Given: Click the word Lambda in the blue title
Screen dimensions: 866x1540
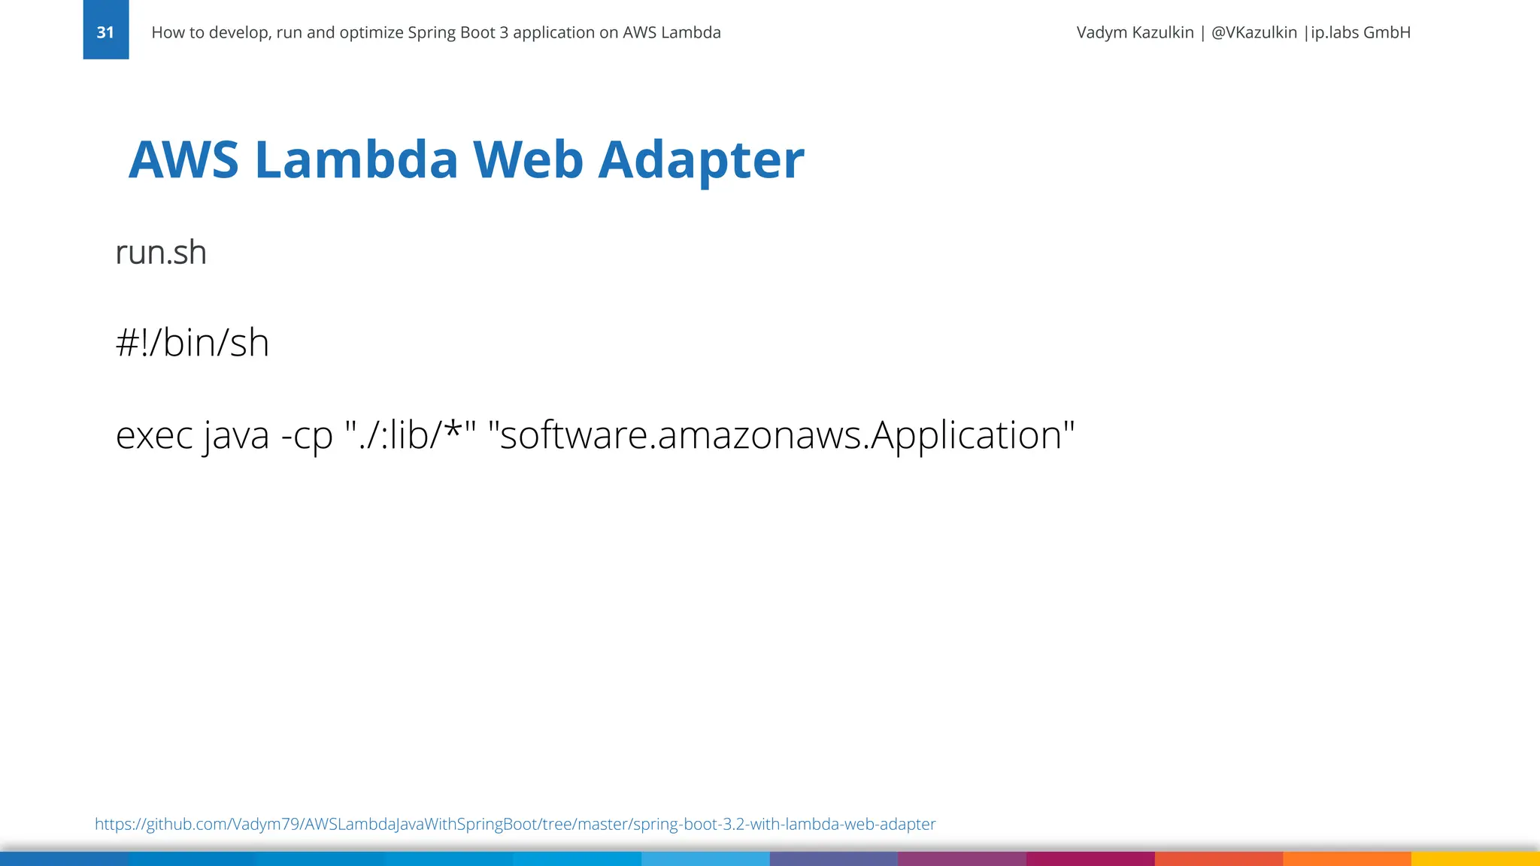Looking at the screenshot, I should [356, 159].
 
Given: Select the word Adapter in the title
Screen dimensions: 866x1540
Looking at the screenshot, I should [701, 159].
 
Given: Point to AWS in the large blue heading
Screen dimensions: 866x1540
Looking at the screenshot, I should [183, 159].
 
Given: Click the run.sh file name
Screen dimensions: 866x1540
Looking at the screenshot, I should [161, 253].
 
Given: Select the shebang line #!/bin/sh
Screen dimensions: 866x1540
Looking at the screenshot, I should [192, 343].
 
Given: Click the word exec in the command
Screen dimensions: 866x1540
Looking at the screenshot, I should [154, 435].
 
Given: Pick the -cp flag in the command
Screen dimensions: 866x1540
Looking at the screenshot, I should [306, 435].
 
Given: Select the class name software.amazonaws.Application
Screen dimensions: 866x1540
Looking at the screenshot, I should [782, 435].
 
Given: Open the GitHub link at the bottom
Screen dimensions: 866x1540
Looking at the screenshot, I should [515, 824].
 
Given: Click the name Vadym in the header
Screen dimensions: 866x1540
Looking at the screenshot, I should [1102, 32].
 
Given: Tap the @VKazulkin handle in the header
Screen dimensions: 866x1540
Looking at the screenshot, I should [1254, 32].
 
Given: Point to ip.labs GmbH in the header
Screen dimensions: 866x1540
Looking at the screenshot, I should [1360, 32].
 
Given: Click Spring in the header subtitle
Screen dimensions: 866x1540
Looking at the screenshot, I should [429, 32].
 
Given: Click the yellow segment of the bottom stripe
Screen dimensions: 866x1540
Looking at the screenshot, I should [1475, 858].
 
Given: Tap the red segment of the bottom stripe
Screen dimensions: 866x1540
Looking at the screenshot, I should [1218, 858].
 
